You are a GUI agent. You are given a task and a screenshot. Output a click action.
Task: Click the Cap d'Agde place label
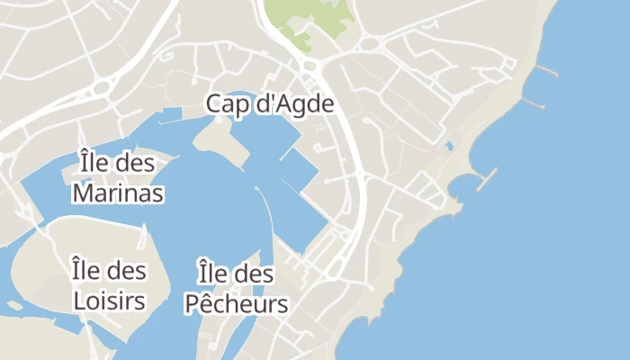pyautogui.click(x=270, y=103)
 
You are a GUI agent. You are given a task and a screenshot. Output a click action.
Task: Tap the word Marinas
pyautogui.click(x=118, y=193)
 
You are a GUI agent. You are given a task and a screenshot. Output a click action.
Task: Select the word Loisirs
pyautogui.click(x=108, y=300)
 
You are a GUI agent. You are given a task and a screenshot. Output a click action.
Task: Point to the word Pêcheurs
pyautogui.click(x=236, y=303)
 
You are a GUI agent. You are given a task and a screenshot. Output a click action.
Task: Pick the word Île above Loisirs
pyautogui.click(x=85, y=270)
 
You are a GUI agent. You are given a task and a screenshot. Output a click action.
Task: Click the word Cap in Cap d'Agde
pyautogui.click(x=225, y=103)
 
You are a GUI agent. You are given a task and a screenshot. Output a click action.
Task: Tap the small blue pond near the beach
pyautogui.click(x=448, y=146)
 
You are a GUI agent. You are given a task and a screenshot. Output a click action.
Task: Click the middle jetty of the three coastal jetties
pyautogui.click(x=535, y=103)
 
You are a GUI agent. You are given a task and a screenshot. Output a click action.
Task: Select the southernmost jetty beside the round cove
pyautogui.click(x=487, y=179)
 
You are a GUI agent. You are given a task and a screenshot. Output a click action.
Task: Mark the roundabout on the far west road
pyautogui.click(x=100, y=88)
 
